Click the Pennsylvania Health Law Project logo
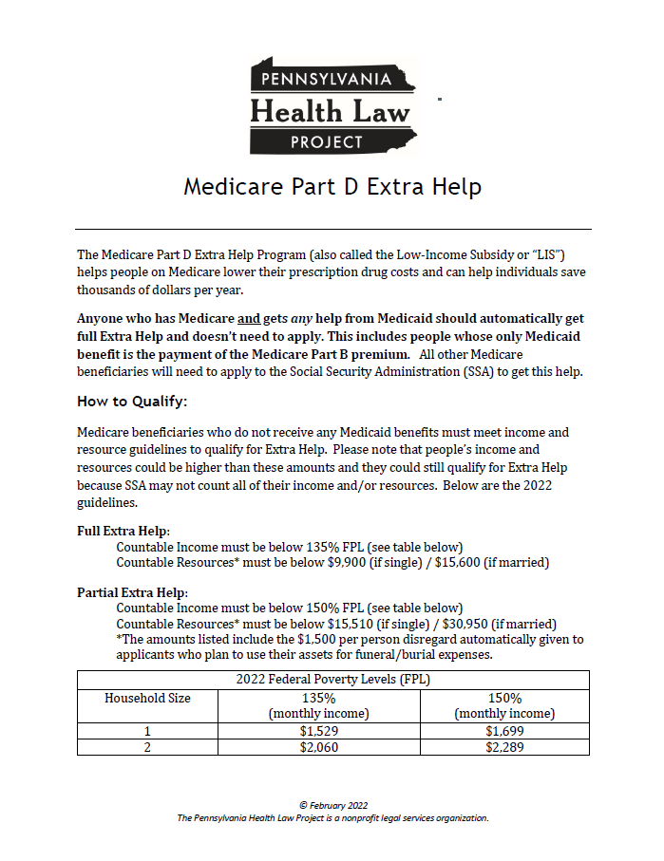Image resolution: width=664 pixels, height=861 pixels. tap(332, 106)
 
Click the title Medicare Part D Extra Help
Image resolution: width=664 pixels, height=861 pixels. tap(332, 186)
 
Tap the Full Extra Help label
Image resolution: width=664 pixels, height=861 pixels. tap(116, 532)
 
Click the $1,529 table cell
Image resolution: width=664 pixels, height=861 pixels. tap(319, 731)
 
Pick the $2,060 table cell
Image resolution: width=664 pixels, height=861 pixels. tap(319, 747)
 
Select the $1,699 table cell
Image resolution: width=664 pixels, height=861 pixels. tap(504, 731)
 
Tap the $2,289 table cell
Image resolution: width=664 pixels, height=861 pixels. tap(504, 747)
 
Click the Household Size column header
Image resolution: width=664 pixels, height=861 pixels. tap(147, 698)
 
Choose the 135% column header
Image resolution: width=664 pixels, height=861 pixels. tap(319, 698)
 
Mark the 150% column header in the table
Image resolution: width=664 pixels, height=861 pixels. tap(504, 698)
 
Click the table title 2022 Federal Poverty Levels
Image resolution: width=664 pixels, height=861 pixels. tap(332, 680)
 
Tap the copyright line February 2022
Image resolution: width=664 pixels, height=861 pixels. tap(332, 805)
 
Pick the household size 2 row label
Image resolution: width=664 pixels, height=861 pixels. tap(147, 747)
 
